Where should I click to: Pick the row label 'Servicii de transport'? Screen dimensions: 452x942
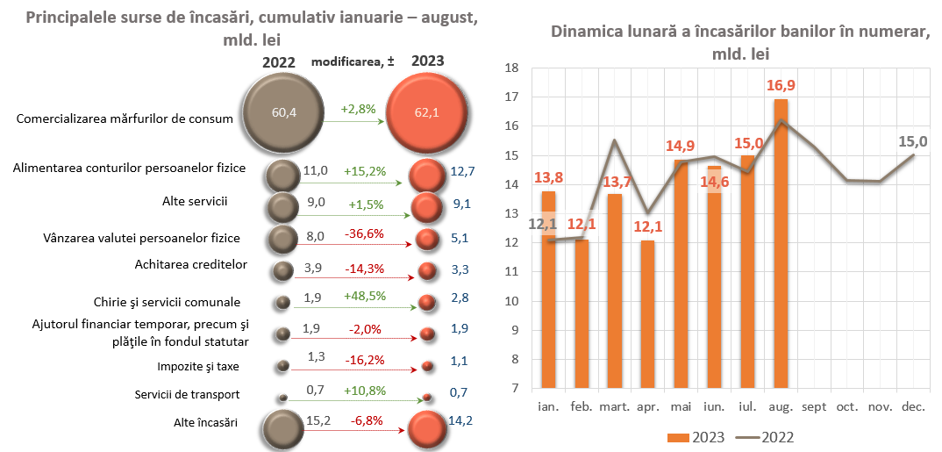click(187, 394)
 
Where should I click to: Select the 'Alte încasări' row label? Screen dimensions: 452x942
click(205, 422)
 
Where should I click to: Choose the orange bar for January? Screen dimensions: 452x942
click(548, 290)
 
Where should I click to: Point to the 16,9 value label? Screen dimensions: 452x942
click(781, 86)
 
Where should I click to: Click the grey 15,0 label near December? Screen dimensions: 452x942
click(913, 140)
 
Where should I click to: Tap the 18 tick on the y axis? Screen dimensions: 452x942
click(514, 68)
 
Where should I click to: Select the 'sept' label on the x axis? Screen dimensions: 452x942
click(814, 407)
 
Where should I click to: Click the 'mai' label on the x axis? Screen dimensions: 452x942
click(681, 407)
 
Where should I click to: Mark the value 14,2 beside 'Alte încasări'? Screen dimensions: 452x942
click(460, 420)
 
